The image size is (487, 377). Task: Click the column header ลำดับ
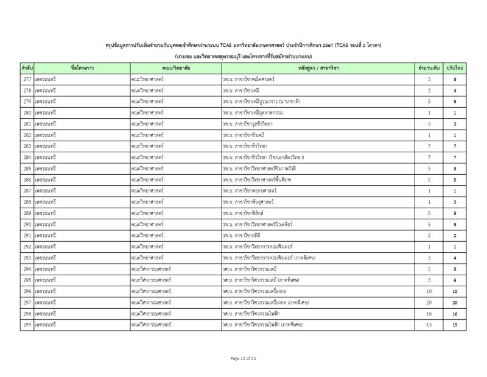[27, 68]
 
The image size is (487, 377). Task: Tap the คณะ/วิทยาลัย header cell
[175, 68]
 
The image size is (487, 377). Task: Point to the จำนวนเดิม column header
[429, 68]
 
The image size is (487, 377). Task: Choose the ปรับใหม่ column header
[455, 68]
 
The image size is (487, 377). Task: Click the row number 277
[27, 79]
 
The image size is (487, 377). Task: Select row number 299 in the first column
[27, 325]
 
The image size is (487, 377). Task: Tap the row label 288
[27, 202]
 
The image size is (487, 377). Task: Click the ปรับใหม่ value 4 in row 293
[455, 258]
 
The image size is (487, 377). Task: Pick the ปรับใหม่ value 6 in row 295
[455, 280]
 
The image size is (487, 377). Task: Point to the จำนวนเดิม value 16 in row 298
[429, 314]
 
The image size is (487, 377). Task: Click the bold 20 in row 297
[455, 302]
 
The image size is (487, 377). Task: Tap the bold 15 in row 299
[455, 325]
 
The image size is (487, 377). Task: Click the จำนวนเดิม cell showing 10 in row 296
[429, 291]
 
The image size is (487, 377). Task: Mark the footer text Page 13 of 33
[243, 358]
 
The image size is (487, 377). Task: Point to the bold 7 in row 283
[455, 146]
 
